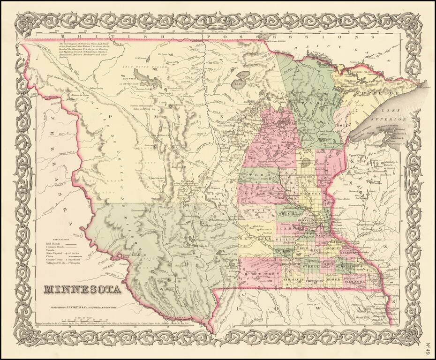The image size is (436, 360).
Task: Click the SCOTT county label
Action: (x=308, y=238)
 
